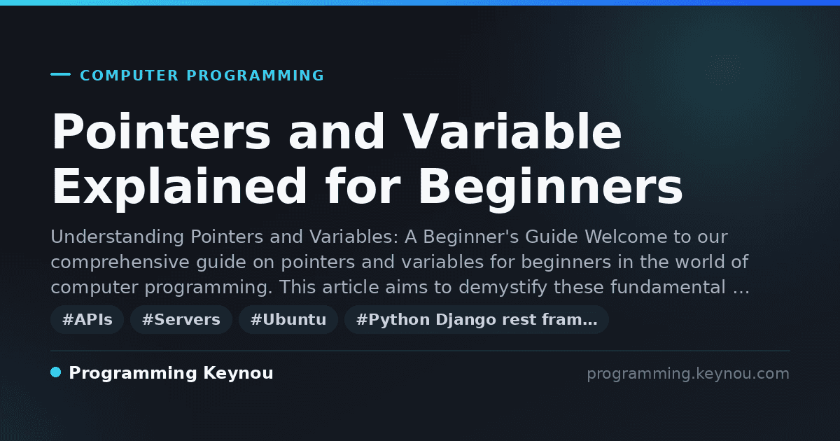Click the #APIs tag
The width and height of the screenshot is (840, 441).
(87, 319)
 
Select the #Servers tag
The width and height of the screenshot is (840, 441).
(181, 319)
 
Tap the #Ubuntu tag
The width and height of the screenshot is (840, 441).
(288, 319)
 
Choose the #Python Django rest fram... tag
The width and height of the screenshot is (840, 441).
(477, 319)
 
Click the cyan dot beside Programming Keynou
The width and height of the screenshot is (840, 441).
(56, 372)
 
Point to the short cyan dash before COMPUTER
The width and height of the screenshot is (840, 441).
(61, 74)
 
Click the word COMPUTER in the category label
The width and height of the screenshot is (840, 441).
(129, 76)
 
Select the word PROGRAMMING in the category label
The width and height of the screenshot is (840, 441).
(255, 76)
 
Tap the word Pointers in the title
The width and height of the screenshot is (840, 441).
(161, 132)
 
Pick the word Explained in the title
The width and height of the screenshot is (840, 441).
(180, 187)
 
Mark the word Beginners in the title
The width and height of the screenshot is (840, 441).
(550, 187)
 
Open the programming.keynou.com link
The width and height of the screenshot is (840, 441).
(688, 374)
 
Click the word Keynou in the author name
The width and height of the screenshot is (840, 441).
(238, 372)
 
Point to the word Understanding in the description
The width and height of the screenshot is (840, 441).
(117, 237)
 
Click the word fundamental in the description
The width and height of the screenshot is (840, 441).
(668, 287)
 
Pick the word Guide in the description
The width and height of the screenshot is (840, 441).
(552, 237)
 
